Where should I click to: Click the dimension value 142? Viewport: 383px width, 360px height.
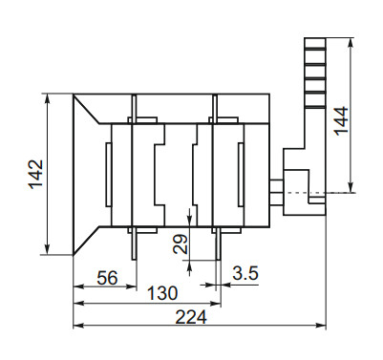34,173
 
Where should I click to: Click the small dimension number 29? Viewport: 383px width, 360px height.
181,245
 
